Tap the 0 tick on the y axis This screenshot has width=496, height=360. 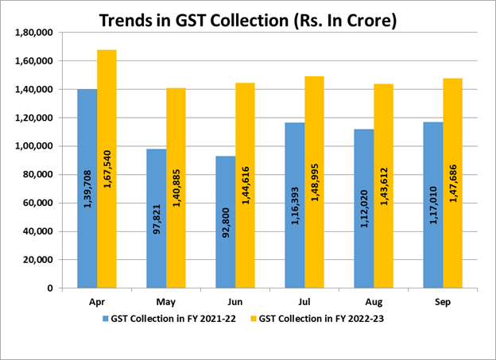(x=49, y=288)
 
